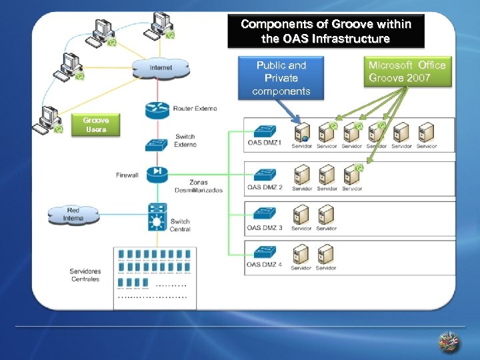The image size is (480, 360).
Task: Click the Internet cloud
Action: click(x=160, y=67)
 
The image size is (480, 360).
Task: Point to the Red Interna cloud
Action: click(x=73, y=215)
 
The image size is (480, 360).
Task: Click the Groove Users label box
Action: click(x=96, y=125)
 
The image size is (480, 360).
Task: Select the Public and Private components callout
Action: click(x=281, y=77)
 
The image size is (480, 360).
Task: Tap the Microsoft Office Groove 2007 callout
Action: click(x=407, y=71)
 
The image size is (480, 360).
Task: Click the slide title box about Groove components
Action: click(x=325, y=32)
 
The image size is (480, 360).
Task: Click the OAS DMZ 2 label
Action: click(x=265, y=187)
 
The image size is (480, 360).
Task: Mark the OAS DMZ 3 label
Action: click(x=265, y=228)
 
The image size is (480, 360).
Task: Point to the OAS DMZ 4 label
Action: click(x=265, y=265)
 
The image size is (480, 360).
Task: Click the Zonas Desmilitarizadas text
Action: click(x=198, y=186)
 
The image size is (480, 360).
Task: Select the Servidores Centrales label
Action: click(x=85, y=275)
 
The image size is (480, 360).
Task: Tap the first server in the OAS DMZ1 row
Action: click(x=301, y=132)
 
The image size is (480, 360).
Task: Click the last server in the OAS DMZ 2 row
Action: click(x=351, y=175)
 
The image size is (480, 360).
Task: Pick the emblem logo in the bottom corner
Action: click(x=449, y=343)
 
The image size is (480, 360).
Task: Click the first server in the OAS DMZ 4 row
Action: click(x=301, y=254)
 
